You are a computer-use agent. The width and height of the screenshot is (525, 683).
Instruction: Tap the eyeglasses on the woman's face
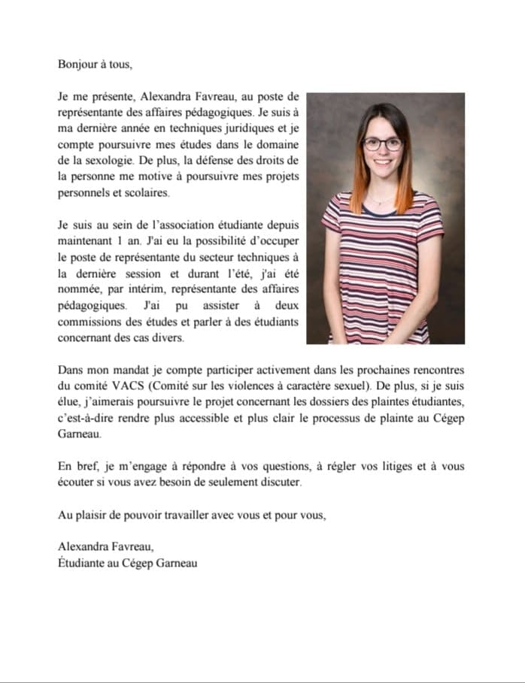point(381,144)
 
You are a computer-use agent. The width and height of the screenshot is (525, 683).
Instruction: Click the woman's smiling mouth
point(383,164)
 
